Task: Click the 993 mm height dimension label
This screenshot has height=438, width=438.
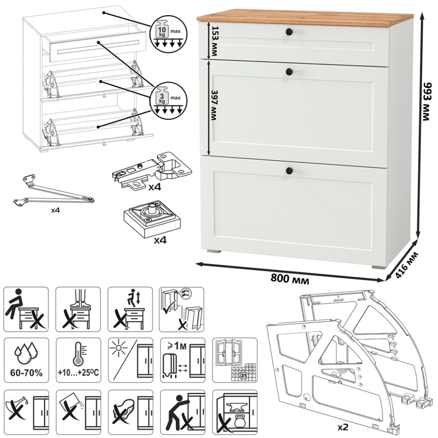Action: pyautogui.click(x=427, y=102)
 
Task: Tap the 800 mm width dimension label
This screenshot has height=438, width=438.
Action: pyautogui.click(x=290, y=279)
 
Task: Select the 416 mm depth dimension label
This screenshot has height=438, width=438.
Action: pyautogui.click(x=407, y=265)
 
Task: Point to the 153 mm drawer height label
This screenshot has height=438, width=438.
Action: pyautogui.click(x=214, y=42)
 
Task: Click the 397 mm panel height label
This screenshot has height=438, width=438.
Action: pyautogui.click(x=214, y=105)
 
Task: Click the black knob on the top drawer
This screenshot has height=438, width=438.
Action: pyautogui.click(x=289, y=32)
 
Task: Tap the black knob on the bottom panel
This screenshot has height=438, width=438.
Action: pyautogui.click(x=289, y=170)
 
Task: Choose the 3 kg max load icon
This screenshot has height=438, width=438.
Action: pyautogui.click(x=168, y=101)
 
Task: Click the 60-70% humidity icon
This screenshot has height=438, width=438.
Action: pyautogui.click(x=26, y=360)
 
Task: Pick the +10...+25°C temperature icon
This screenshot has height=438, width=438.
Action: pyautogui.click(x=79, y=360)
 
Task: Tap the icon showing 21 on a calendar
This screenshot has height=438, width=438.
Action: pyautogui.click(x=235, y=360)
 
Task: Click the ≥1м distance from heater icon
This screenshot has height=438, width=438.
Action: pyautogui.click(x=183, y=360)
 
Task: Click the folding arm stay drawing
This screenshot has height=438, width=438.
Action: pyautogui.click(x=54, y=191)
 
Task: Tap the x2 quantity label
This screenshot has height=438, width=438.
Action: pyautogui.click(x=343, y=427)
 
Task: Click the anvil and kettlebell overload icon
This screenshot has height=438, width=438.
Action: pyautogui.click(x=235, y=412)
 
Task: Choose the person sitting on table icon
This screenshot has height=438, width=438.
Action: pyautogui.click(x=26, y=309)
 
